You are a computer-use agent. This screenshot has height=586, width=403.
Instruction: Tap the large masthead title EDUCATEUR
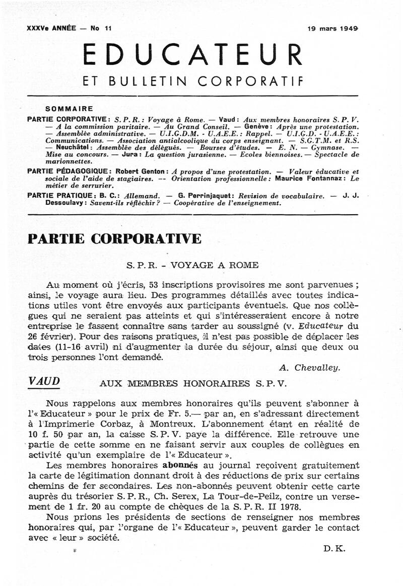193,55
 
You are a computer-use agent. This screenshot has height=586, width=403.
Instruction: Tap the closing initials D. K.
334,549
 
